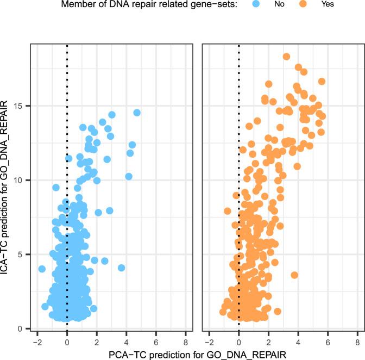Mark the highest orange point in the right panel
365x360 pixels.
pyautogui.click(x=286, y=57)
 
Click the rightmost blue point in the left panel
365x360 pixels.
pyautogui.click(x=137, y=113)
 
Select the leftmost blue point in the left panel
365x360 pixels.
pyautogui.click(x=42, y=269)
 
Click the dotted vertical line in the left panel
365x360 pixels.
pyautogui.click(x=67, y=163)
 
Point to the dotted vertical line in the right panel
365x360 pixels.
pyautogui.click(x=239, y=163)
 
